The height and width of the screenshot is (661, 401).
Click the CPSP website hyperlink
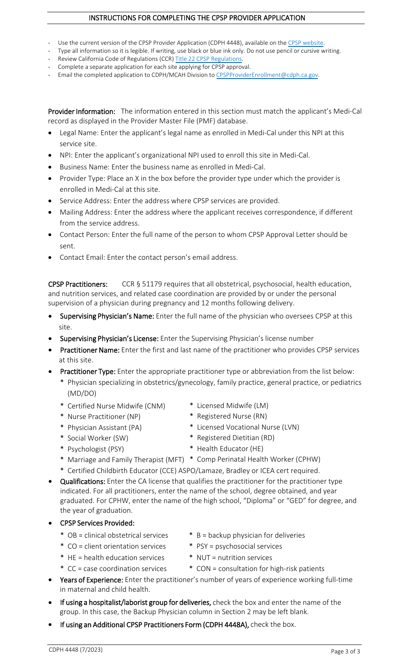click(x=306, y=43)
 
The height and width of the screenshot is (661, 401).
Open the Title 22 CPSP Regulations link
click(x=209, y=59)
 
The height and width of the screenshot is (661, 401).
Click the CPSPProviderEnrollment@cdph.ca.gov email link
click(x=267, y=75)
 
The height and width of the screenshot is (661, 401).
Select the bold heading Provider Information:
click(x=81, y=112)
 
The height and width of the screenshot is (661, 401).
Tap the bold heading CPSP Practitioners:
click(x=78, y=284)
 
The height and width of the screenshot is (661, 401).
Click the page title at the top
click(x=197, y=18)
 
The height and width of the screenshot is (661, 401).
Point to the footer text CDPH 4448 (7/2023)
click(x=76, y=650)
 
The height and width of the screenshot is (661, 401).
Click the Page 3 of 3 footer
click(x=345, y=651)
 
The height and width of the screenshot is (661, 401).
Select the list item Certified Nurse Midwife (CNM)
click(x=116, y=406)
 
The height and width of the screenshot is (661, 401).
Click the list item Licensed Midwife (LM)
click(x=232, y=405)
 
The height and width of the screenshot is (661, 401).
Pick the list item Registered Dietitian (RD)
click(x=236, y=438)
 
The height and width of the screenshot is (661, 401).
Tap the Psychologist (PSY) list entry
click(x=95, y=449)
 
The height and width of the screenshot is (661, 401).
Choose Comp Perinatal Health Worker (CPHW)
click(x=258, y=459)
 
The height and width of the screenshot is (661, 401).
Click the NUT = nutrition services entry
click(x=234, y=558)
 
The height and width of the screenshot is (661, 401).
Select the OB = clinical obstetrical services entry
click(x=118, y=535)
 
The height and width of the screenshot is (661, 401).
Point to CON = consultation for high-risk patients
click(x=260, y=569)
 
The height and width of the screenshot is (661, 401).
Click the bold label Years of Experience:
click(x=91, y=580)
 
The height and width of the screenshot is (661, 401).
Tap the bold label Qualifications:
click(x=82, y=481)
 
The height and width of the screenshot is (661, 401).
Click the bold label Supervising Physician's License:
click(x=109, y=339)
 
